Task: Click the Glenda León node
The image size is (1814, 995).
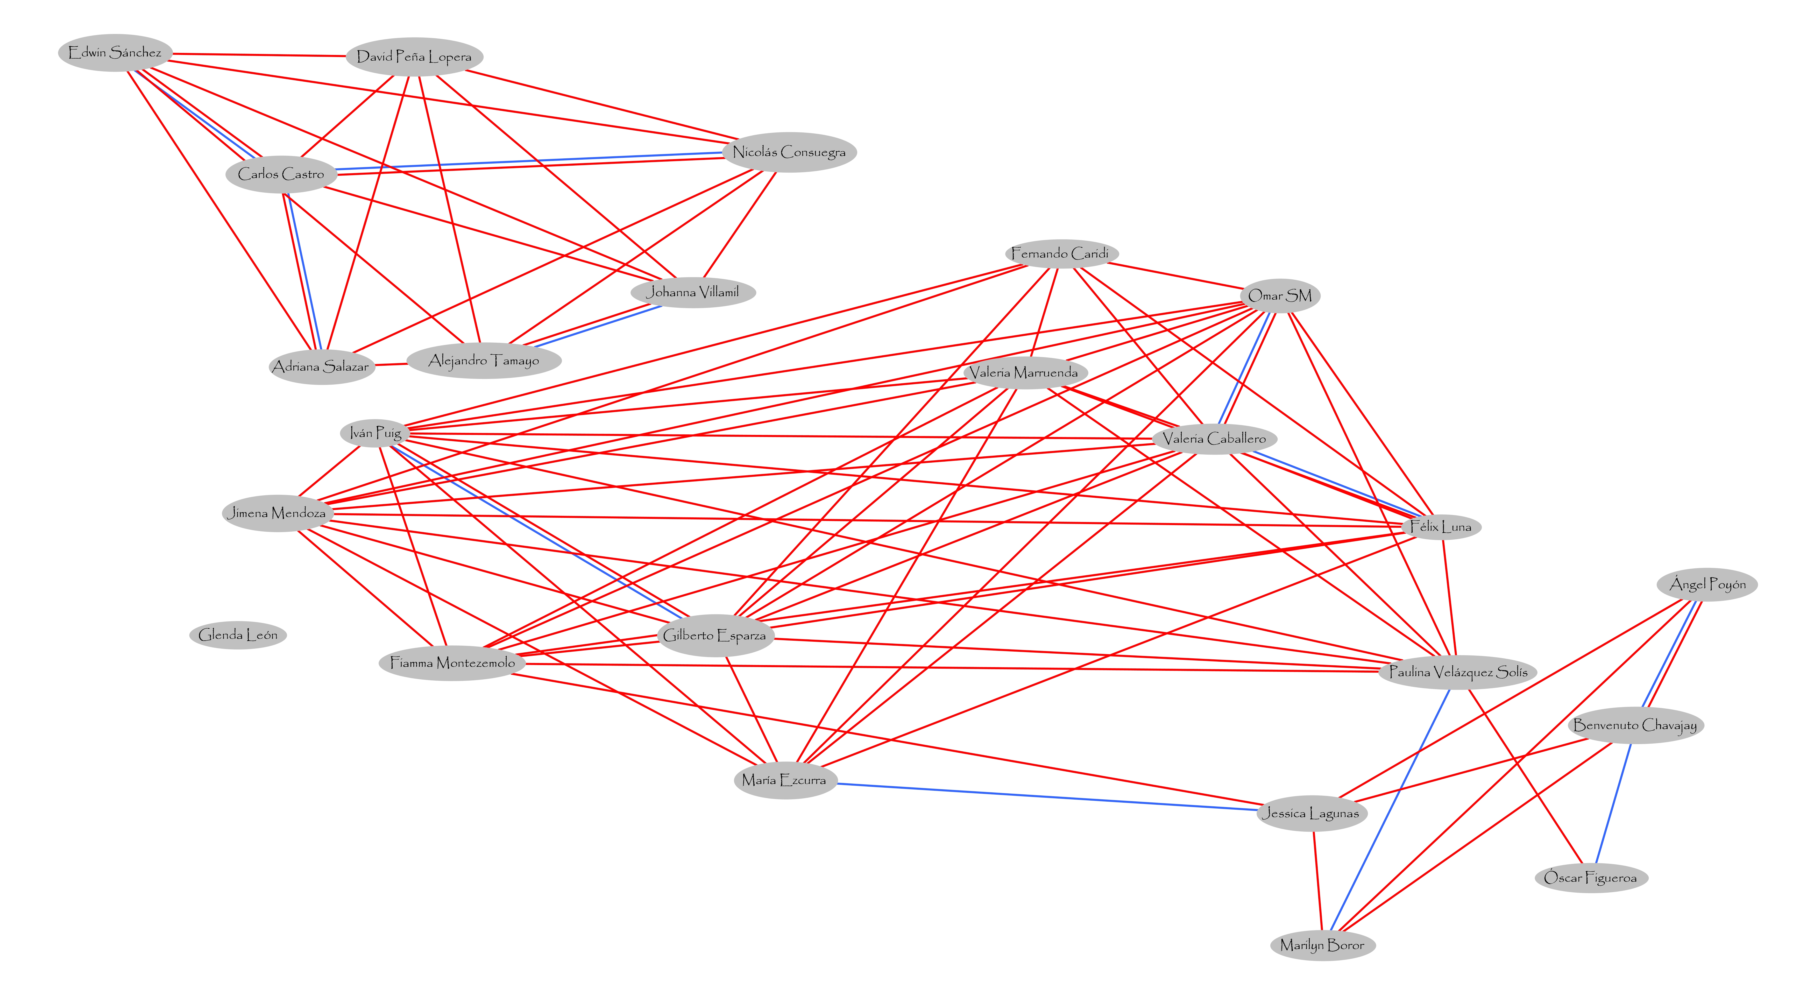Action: (x=238, y=635)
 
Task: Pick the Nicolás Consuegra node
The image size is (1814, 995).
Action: (x=789, y=152)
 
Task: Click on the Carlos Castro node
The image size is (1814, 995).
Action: (x=281, y=174)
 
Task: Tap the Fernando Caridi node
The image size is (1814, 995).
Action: (x=1060, y=253)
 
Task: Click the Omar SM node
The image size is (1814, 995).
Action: (x=1280, y=296)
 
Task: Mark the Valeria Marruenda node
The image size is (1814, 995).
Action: (x=1024, y=372)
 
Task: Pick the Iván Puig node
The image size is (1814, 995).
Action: (x=375, y=433)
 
